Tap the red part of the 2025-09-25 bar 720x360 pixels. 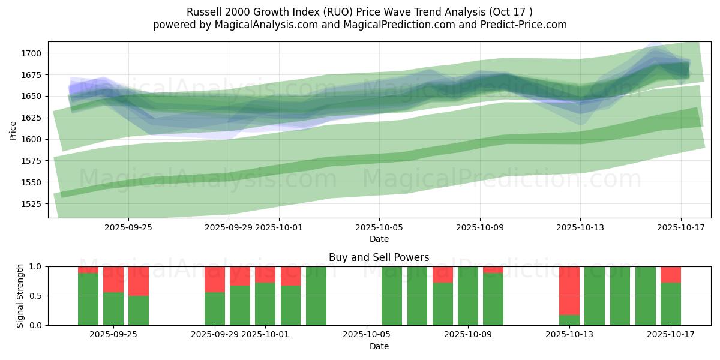(139, 281)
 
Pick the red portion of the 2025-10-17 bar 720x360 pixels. (670, 274)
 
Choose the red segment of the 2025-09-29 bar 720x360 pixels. (215, 279)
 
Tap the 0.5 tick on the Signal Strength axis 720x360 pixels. (35, 296)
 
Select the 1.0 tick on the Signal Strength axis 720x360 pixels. (35, 266)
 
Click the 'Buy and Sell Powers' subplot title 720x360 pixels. (379, 257)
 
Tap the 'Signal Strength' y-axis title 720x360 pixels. (20, 296)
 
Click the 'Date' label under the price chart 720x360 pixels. (379, 239)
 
